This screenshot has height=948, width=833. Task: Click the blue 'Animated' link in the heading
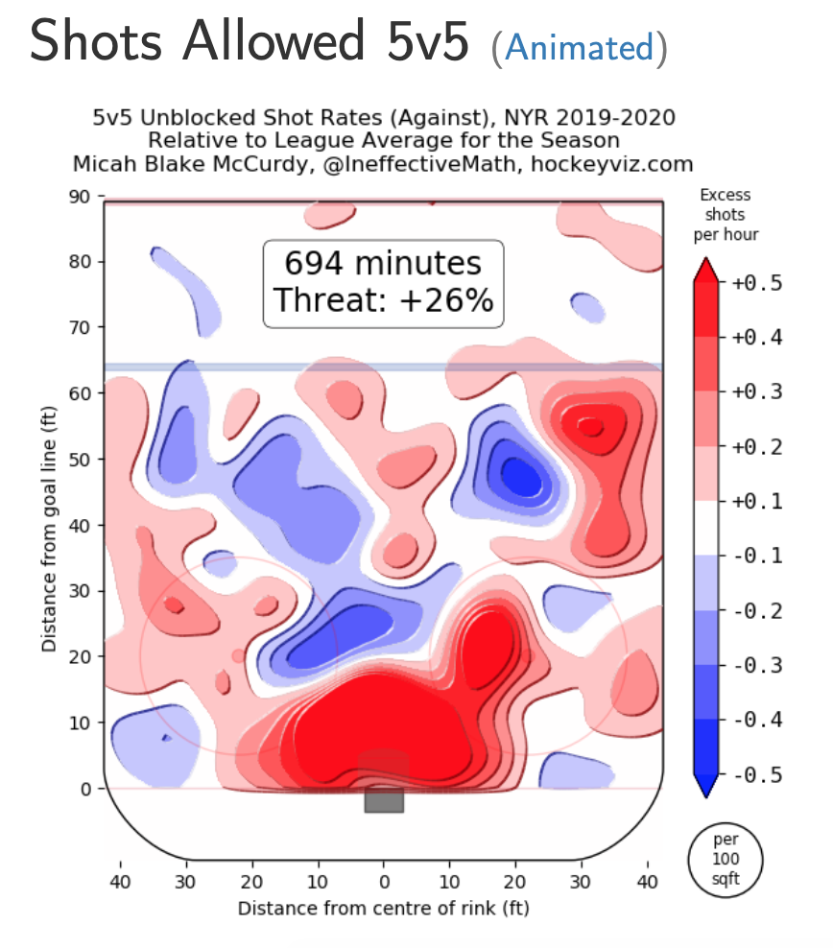click(x=579, y=47)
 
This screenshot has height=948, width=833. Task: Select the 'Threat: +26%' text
click(x=383, y=299)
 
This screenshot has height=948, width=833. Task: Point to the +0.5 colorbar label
click(x=757, y=283)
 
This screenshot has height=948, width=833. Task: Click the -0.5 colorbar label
click(x=757, y=775)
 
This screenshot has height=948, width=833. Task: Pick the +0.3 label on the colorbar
click(x=757, y=392)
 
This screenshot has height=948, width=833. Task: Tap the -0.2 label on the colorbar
click(x=757, y=611)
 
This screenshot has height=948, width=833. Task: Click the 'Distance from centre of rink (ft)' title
click(x=384, y=907)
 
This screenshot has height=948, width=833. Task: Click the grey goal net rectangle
click(x=384, y=798)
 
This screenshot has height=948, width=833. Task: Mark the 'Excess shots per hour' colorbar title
click(x=725, y=215)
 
